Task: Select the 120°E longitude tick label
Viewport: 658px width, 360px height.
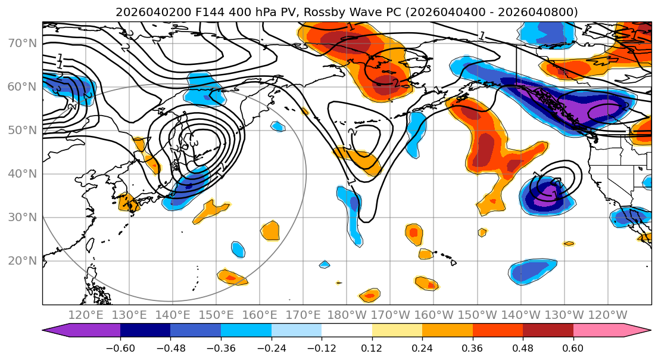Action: (86, 315)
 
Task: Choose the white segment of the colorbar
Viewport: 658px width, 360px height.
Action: (347, 331)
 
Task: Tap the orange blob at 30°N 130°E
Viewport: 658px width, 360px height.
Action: (129, 202)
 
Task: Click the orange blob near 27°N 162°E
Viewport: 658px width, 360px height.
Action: (270, 229)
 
